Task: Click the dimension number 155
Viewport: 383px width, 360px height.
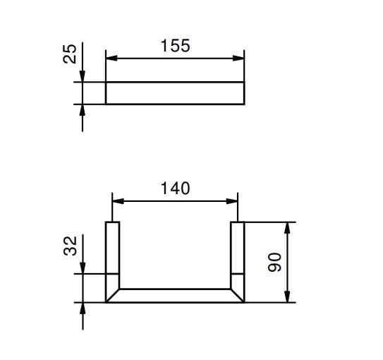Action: click(175, 46)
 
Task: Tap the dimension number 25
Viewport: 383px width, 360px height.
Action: click(70, 54)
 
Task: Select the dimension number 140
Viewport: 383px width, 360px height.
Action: click(175, 188)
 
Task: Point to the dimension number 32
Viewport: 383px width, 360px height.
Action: click(70, 246)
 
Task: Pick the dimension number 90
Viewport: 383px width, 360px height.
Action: click(274, 263)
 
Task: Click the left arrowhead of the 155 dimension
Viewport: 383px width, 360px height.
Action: click(111, 58)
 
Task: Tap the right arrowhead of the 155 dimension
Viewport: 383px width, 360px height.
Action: click(238, 58)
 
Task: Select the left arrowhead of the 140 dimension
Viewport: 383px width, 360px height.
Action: click(118, 201)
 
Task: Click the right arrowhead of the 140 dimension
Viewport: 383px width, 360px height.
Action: click(232, 201)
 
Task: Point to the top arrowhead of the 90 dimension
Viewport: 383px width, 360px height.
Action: click(288, 228)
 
